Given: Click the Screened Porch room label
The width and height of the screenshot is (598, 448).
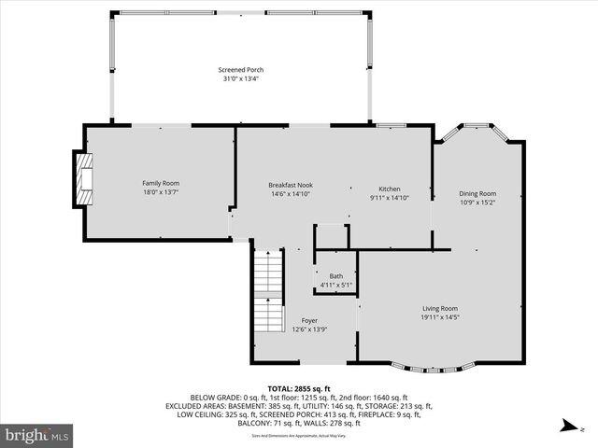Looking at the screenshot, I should pos(241,70).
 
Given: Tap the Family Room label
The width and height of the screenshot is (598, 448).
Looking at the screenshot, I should pos(161,183).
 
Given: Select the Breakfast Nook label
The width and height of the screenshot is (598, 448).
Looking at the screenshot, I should pos(291,185).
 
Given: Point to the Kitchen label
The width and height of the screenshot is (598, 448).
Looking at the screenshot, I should pos(389,189).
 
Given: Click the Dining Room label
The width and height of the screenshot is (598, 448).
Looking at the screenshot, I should pos(477,193).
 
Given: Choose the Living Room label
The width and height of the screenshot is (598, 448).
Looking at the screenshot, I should pos(440,308).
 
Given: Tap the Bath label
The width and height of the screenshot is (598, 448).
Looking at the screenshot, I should pos(335,276).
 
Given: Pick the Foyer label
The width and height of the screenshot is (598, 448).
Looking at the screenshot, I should pos(309,320).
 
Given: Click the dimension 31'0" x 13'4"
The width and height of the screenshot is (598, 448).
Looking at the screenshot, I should pos(241,79).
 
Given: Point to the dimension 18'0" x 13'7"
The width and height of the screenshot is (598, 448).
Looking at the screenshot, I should pos(161,192).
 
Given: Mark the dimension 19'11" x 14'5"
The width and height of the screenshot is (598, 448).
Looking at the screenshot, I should pos(440,317).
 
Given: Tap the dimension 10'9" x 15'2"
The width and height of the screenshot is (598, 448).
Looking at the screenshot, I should pos(477,202).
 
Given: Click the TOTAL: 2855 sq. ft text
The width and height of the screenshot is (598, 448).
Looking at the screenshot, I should pos(299,388).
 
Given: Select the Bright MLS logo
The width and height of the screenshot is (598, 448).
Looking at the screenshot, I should pos(37,435).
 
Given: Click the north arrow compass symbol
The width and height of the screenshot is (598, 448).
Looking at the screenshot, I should pos(566,428).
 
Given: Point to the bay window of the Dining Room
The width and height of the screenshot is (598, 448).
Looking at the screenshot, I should pos(477,128).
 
